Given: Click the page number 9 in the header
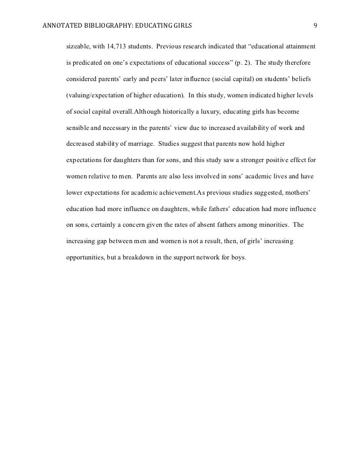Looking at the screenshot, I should pos(315,25).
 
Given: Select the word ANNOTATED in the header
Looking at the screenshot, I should pos(60,25).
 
